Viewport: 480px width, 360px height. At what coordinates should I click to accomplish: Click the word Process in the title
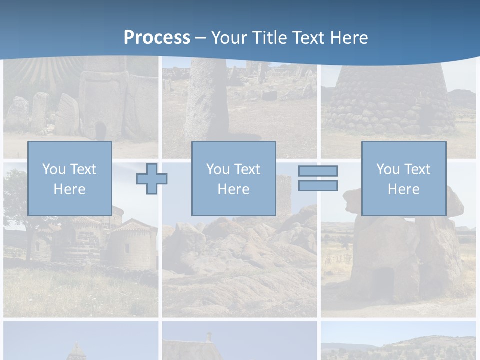[x=157, y=38]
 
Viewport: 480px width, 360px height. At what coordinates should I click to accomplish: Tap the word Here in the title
[x=348, y=38]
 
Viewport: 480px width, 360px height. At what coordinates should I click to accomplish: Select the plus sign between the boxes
[x=152, y=179]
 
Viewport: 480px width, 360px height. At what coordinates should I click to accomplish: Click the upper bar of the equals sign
[x=318, y=171]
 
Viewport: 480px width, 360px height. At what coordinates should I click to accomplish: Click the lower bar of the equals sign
[x=318, y=186]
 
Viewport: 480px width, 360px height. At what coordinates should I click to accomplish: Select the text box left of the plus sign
[x=69, y=178]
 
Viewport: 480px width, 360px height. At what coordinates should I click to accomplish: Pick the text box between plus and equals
[x=233, y=178]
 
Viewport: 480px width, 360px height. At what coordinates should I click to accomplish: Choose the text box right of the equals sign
[x=403, y=178]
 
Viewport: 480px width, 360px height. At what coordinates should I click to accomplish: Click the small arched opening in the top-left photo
[x=101, y=131]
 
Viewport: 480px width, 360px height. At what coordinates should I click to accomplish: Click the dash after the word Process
[x=200, y=38]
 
